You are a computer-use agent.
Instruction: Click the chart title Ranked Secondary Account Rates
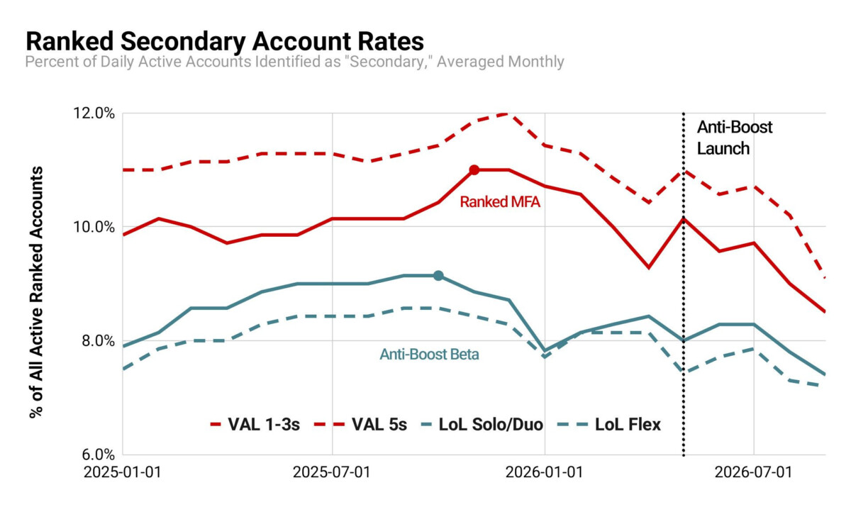(x=225, y=41)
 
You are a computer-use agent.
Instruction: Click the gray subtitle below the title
(x=294, y=62)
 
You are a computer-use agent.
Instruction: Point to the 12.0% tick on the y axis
(x=94, y=113)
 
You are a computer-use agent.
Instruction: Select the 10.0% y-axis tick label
(x=94, y=227)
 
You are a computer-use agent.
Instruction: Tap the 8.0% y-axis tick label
(x=98, y=340)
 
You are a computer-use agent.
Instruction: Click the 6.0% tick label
(x=98, y=455)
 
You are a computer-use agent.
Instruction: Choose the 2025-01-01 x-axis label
(x=122, y=472)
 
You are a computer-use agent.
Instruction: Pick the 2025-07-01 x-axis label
(x=332, y=472)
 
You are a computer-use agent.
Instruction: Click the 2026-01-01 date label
(x=544, y=472)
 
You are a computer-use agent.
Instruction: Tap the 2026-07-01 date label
(x=753, y=472)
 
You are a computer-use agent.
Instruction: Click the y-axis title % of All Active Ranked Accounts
(x=36, y=292)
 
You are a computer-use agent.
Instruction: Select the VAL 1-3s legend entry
(x=255, y=424)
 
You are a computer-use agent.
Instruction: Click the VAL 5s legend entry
(x=360, y=424)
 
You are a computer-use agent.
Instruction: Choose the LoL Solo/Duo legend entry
(x=482, y=424)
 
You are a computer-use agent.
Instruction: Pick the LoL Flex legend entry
(x=609, y=424)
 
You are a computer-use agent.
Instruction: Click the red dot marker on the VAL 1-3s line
(x=474, y=170)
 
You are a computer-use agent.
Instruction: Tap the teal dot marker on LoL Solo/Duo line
(x=438, y=276)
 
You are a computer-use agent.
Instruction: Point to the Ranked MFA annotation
(x=500, y=201)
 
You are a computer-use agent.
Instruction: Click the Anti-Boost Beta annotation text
(x=429, y=355)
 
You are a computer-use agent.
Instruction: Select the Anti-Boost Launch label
(x=735, y=138)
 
